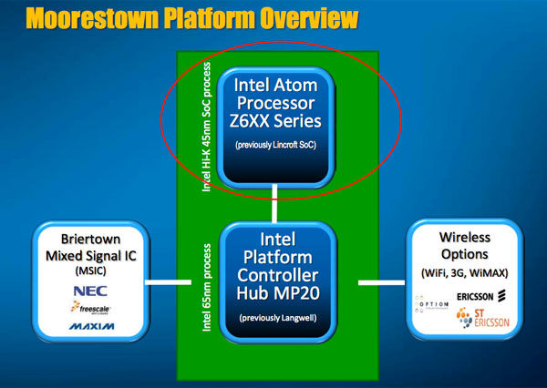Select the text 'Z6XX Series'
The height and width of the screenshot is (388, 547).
click(277, 119)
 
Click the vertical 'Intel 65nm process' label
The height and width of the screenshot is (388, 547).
click(210, 291)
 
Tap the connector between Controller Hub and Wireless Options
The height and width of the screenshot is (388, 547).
click(381, 282)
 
